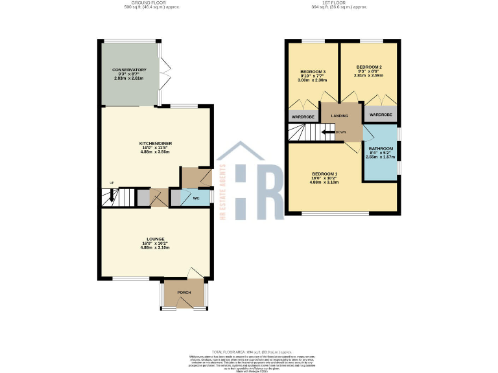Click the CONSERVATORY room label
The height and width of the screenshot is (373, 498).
(x=129, y=69)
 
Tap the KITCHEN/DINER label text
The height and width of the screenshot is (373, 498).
(x=155, y=143)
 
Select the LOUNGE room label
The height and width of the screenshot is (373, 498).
(x=155, y=239)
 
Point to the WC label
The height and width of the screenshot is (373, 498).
(x=195, y=198)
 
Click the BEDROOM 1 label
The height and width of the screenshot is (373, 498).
(x=324, y=174)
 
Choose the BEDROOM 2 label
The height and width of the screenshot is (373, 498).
(x=369, y=67)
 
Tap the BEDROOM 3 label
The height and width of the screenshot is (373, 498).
(x=312, y=71)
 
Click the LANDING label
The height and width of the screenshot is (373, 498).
(x=340, y=116)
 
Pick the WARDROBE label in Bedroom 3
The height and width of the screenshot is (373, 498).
(x=302, y=117)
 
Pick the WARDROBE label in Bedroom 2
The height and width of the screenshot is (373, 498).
(x=381, y=115)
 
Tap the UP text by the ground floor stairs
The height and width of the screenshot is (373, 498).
(x=111, y=183)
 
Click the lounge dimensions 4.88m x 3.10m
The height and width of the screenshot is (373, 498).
(x=155, y=248)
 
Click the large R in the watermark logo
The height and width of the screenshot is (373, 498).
(x=271, y=191)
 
